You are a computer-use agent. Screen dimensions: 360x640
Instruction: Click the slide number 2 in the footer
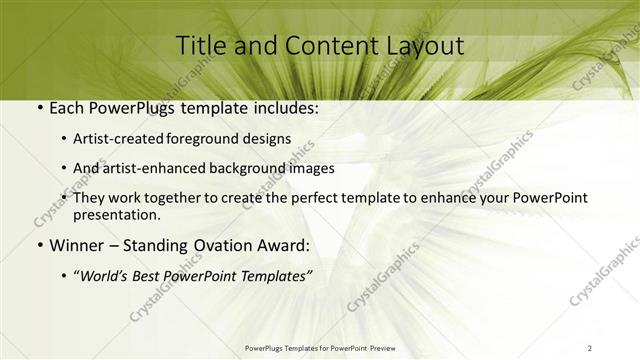tap(590, 347)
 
